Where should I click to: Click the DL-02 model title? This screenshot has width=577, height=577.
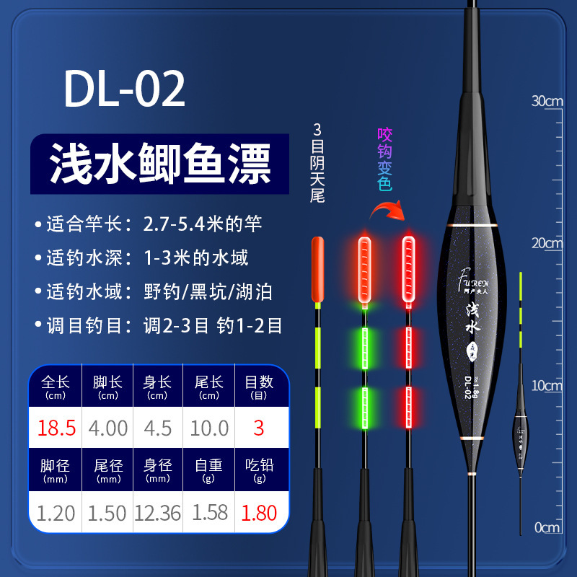pos(125,89)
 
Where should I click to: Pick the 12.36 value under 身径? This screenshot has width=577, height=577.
pos(157,513)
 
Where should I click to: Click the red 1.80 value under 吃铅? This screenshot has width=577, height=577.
pos(258,513)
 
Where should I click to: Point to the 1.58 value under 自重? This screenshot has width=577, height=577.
pos(209,513)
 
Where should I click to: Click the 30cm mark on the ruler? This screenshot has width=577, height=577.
pos(547,101)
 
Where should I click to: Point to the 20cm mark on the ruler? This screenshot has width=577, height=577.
pos(547,243)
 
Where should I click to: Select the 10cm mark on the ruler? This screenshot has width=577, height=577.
pos(547,386)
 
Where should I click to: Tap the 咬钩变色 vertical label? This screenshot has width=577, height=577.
pos(384,159)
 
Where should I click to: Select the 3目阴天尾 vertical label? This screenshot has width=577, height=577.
pos(317,163)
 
